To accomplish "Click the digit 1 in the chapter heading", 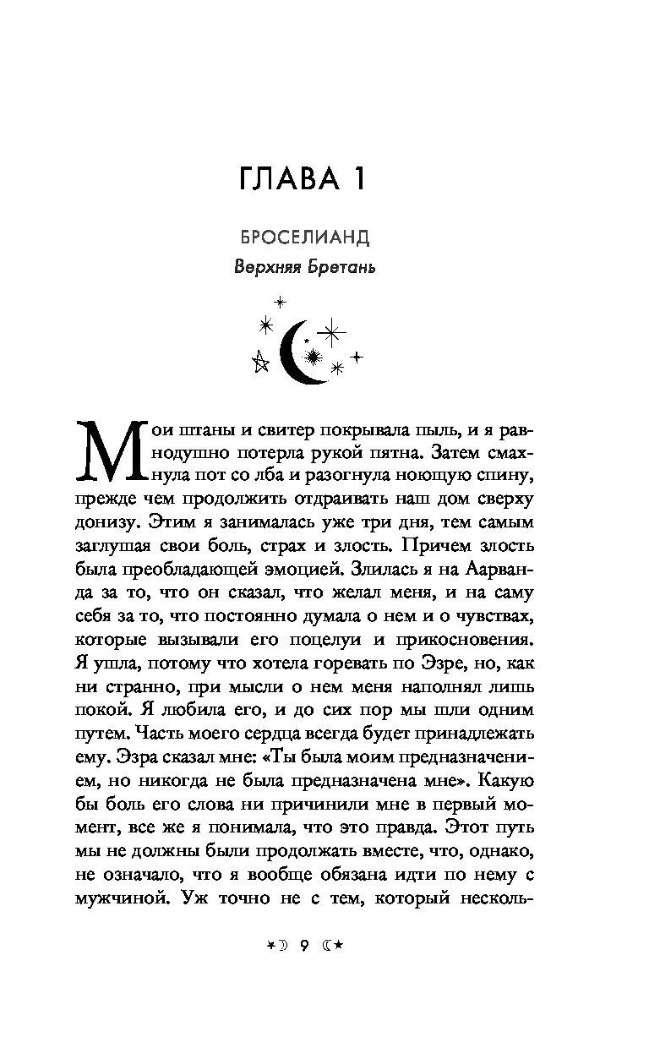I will (x=357, y=180).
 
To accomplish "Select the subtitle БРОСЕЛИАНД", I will (x=304, y=237).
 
